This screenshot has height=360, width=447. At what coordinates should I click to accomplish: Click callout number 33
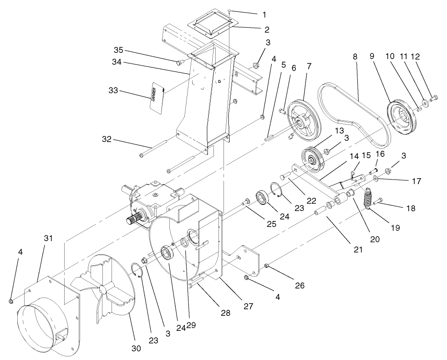[x=112, y=91]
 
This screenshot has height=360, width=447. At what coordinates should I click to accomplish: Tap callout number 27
[x=248, y=306]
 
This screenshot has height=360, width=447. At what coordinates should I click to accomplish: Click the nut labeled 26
[x=267, y=266]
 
